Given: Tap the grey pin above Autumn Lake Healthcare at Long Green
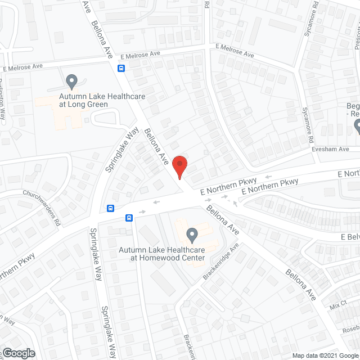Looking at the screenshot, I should [71, 82].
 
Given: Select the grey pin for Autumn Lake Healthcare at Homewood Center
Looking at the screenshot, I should [192, 233].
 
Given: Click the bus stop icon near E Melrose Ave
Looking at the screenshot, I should [121, 68].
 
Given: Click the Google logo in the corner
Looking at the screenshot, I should [19, 353].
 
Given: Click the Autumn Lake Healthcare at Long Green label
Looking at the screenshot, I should [102, 101].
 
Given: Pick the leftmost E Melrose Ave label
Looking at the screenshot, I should [23, 67].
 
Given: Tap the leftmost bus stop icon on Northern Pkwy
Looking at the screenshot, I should [111, 208].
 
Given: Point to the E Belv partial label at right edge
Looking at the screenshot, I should [349, 237].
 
